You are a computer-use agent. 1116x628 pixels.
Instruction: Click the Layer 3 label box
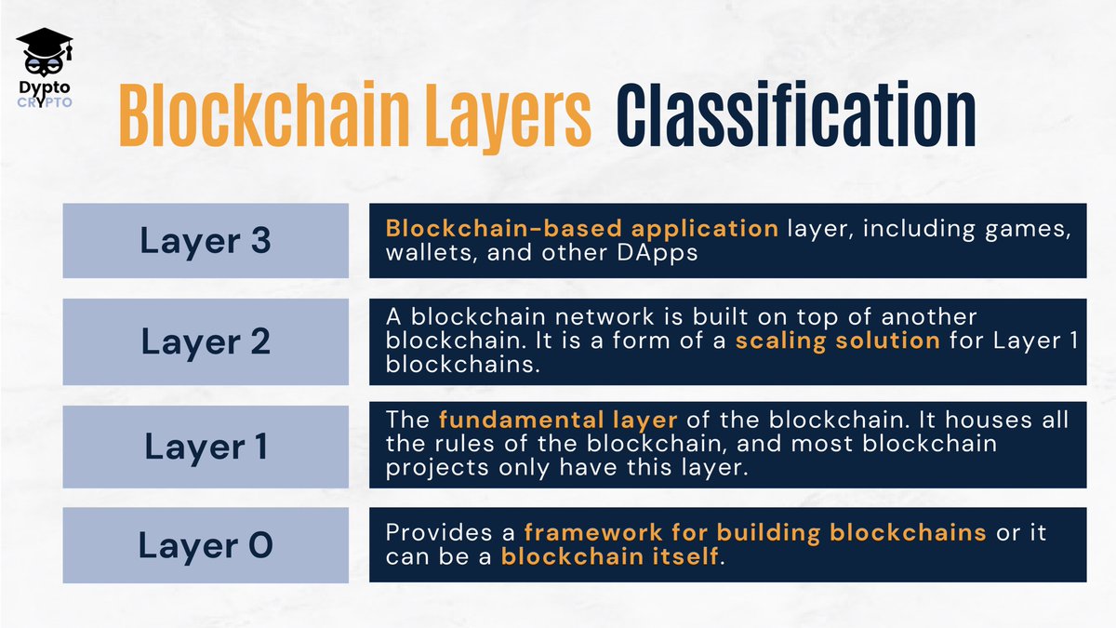[x=206, y=240]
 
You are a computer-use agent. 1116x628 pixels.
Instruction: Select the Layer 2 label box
[x=206, y=342]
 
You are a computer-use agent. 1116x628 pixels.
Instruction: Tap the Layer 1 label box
[x=206, y=446]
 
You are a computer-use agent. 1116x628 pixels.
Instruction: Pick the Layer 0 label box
[x=206, y=545]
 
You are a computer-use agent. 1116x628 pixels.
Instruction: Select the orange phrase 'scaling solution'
[x=838, y=341]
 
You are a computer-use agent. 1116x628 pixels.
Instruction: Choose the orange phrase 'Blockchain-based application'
[x=581, y=229]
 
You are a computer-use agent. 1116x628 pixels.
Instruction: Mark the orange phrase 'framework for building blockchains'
[x=755, y=534]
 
